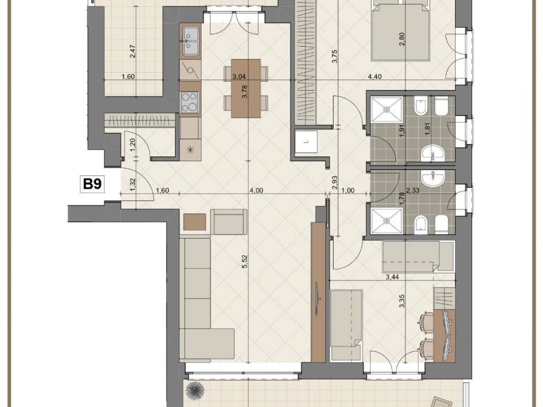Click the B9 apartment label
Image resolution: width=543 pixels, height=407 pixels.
pyautogui.click(x=92, y=184)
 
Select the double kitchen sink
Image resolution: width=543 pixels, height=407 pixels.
pyautogui.click(x=190, y=41)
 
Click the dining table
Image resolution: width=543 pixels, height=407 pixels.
pyautogui.click(x=246, y=89)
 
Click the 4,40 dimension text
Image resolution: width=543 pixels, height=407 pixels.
pyautogui.click(x=375, y=76)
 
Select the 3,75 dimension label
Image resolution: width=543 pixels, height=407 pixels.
pyautogui.click(x=334, y=56)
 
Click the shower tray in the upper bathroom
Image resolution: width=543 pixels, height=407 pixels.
pyautogui.click(x=387, y=110)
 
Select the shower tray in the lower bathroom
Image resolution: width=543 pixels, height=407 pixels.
pyautogui.click(x=387, y=220)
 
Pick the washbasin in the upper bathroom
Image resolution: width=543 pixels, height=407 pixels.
pyautogui.click(x=433, y=153)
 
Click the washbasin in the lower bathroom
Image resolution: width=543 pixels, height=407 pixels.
pyautogui.click(x=433, y=178)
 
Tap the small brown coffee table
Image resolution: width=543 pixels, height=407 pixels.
pyautogui.click(x=195, y=222)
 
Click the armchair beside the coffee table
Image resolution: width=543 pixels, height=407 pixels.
pyautogui.click(x=229, y=222)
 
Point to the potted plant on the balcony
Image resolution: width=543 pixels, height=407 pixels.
pyautogui.click(x=195, y=391)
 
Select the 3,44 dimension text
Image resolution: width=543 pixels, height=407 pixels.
pyautogui.click(x=392, y=277)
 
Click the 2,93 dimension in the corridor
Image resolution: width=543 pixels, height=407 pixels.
pyautogui.click(x=334, y=182)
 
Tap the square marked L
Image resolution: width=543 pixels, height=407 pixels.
pyautogui.click(x=306, y=141)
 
